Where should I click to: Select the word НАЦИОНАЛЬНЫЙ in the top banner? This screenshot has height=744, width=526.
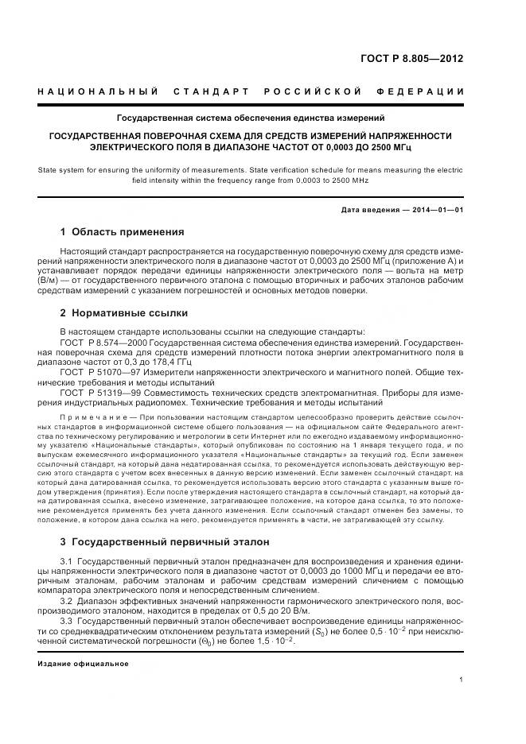click(x=99, y=91)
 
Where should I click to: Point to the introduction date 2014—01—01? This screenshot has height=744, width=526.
click(x=435, y=210)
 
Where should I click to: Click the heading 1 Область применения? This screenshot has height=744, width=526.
click(x=122, y=232)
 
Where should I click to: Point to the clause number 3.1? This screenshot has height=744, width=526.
click(x=67, y=562)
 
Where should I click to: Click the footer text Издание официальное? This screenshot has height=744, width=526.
click(x=83, y=663)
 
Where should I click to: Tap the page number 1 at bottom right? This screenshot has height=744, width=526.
click(x=461, y=679)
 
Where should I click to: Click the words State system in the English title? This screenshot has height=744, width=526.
click(x=61, y=170)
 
